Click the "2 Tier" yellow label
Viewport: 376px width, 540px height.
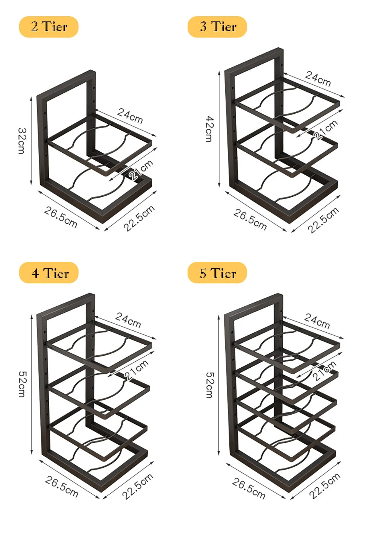tap(49, 27)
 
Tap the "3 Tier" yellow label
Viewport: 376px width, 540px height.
tap(217, 27)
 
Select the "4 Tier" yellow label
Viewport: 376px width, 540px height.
tap(49, 273)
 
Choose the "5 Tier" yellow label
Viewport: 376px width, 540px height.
tap(217, 273)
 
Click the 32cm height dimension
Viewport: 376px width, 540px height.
tap(22, 141)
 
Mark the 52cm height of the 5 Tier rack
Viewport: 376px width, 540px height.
tap(210, 385)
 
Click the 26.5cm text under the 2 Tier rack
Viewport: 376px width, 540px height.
tap(61, 217)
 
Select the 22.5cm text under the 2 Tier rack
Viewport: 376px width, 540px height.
tap(139, 218)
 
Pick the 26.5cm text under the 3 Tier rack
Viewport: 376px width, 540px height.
tap(250, 219)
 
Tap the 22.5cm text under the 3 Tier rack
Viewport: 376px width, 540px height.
tap(323, 220)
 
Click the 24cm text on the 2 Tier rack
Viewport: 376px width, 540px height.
tap(130, 116)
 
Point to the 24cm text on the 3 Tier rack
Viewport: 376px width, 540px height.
tap(318, 79)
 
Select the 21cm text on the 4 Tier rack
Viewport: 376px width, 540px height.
tap(136, 370)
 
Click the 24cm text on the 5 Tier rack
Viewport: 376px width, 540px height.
tap(317, 321)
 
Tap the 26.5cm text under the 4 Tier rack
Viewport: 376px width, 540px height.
tap(62, 487)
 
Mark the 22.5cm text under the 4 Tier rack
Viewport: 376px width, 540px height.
tap(138, 486)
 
